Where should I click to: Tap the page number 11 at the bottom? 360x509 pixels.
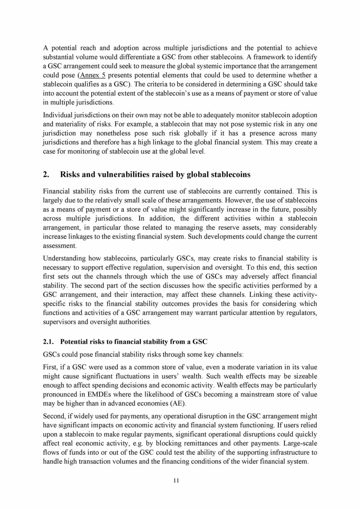pos(176,481)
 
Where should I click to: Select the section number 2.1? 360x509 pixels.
pos(49,342)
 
